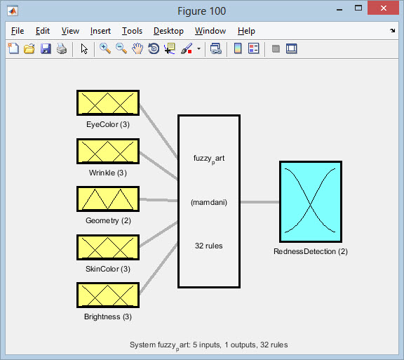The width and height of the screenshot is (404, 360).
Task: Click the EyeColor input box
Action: pos(108,103)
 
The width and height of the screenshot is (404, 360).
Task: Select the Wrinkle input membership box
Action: pos(108,151)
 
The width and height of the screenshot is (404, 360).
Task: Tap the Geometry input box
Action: pos(108,199)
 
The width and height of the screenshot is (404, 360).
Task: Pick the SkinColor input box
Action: pos(108,247)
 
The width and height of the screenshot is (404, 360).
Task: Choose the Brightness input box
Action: pos(108,295)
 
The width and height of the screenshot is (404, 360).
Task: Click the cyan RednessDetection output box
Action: pos(311,201)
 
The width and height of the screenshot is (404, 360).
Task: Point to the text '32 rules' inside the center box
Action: pos(209,246)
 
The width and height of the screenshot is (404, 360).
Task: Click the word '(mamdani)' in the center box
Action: pos(209,202)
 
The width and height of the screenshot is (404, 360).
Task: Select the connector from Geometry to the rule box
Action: pos(159,200)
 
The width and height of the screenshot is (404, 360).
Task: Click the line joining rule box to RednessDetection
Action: pos(260,202)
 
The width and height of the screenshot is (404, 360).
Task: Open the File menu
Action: pos(18,31)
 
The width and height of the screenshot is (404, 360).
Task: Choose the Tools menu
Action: pos(132,31)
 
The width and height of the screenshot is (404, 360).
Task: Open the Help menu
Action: pos(246,31)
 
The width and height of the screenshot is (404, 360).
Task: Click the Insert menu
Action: pos(100,31)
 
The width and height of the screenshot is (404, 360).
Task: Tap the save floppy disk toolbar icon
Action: pos(46,48)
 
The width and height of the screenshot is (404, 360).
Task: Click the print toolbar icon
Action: pos(62,48)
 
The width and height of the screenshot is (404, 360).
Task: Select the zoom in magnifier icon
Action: pos(105,48)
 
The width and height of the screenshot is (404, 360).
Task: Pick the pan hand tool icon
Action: pos(137,48)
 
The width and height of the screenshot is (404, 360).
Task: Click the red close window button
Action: pos(384,8)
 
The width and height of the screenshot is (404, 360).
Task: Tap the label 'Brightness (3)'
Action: pos(108,316)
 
